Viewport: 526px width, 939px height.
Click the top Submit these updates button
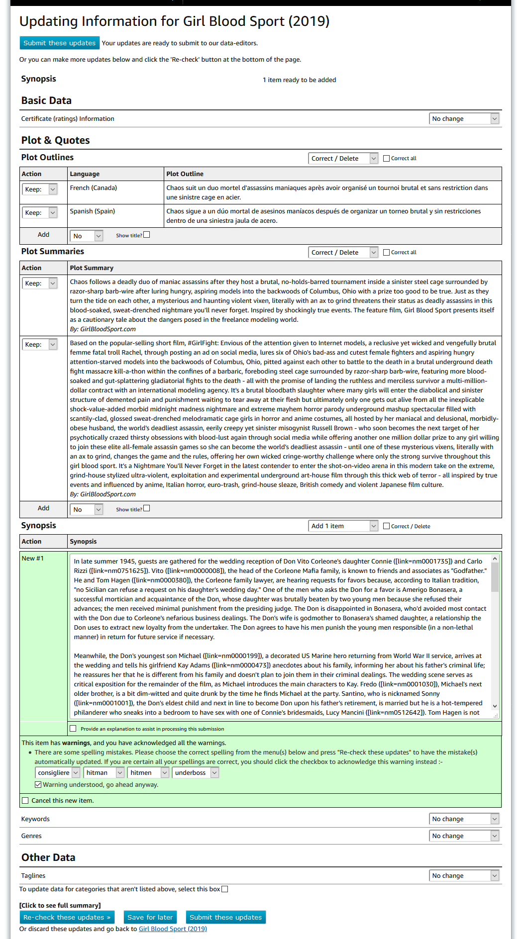[59, 43]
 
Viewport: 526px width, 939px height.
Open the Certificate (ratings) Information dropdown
[464, 118]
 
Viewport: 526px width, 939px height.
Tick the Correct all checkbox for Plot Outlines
[386, 158]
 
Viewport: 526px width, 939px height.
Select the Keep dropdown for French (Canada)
[40, 189]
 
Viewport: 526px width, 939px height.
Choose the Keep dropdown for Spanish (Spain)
[40, 212]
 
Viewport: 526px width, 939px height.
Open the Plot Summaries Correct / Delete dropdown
[343, 252]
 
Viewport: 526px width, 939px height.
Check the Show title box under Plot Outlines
[146, 235]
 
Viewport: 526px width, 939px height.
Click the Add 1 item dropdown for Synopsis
[343, 526]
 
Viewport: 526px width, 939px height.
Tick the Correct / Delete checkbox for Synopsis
[386, 526]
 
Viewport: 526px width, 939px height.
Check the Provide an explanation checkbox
[73, 729]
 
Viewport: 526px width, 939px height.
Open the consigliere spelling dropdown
[58, 772]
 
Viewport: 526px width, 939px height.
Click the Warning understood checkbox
[38, 784]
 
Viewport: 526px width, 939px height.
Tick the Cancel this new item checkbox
[25, 800]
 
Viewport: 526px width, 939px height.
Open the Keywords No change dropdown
[464, 819]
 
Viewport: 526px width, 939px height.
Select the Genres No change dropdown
[464, 836]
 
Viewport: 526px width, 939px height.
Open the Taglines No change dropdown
[464, 875]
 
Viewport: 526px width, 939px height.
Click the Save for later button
[150, 917]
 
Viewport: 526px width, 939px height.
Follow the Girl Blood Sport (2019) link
[173, 929]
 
